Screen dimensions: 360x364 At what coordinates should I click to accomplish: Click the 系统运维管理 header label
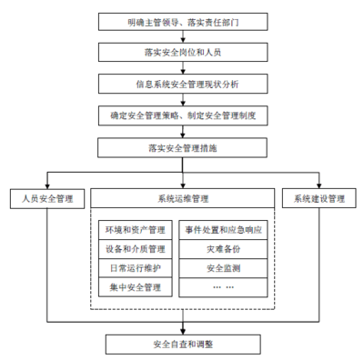coord(182,197)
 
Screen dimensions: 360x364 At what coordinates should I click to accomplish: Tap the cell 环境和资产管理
coord(135,230)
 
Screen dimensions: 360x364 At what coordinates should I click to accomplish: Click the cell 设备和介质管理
coord(135,249)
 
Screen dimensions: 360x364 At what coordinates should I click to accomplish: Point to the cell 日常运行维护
coord(135,268)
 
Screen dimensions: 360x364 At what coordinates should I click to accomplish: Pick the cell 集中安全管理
coord(135,287)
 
